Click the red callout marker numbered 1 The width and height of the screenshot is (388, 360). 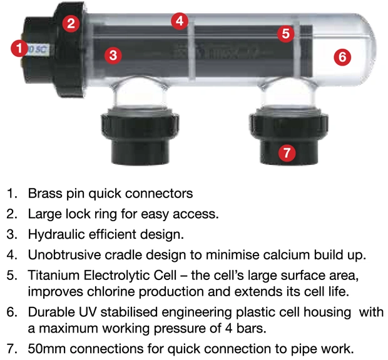19,48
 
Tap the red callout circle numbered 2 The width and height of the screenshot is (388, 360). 71,24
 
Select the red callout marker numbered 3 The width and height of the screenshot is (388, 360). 113,55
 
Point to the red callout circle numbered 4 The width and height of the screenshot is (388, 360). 180,21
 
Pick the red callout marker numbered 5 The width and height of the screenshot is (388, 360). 285,34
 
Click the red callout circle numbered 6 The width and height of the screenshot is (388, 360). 342,57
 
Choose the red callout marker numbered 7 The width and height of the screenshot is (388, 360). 287,152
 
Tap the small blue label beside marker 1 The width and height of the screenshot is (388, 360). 38,49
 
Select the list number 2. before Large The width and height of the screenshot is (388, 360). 12,214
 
